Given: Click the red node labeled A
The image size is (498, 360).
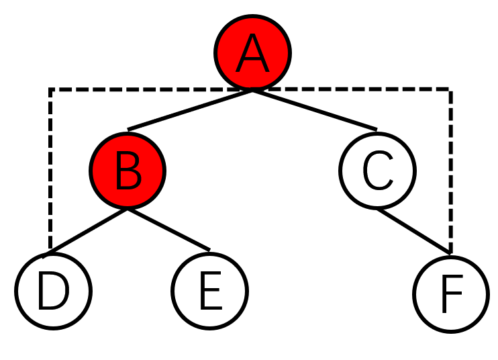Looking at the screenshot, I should (252, 52).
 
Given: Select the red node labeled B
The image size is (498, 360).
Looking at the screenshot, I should (128, 171).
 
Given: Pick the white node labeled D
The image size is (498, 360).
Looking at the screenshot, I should (53, 291).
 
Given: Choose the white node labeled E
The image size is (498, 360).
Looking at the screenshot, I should (209, 291).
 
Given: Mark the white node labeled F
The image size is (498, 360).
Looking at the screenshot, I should (450, 294).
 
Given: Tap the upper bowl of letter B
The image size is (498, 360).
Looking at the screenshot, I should (133, 162).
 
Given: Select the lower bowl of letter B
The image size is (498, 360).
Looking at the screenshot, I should (134, 179).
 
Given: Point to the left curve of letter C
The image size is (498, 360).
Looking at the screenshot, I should (365, 171).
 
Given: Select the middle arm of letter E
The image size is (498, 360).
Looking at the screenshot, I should (210, 290).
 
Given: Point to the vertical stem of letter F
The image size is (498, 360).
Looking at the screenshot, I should (444, 299).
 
